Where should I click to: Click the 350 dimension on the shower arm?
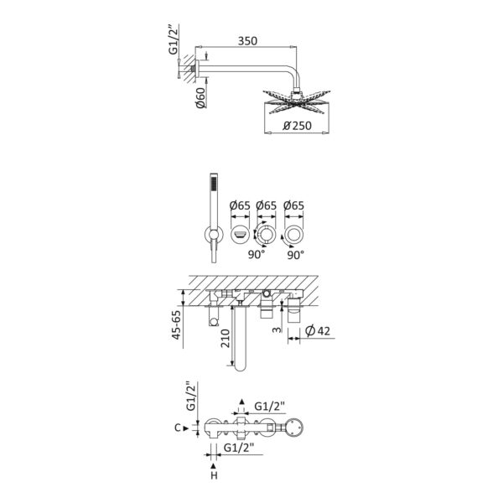247,41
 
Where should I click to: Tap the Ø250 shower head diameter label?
297,126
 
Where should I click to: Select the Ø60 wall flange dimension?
201,97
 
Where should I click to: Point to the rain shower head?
297,102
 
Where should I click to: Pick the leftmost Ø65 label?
240,205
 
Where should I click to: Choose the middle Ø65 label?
266,205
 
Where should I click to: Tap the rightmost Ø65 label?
293,205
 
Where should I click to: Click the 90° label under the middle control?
257,255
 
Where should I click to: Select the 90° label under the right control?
295,255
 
